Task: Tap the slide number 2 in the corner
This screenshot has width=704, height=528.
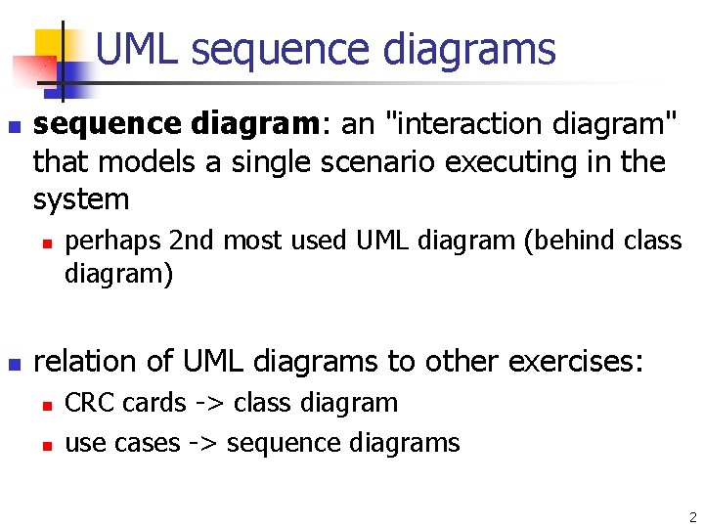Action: [692, 517]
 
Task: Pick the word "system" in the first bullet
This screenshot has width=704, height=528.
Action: [81, 200]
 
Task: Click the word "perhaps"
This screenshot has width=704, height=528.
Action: [112, 241]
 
